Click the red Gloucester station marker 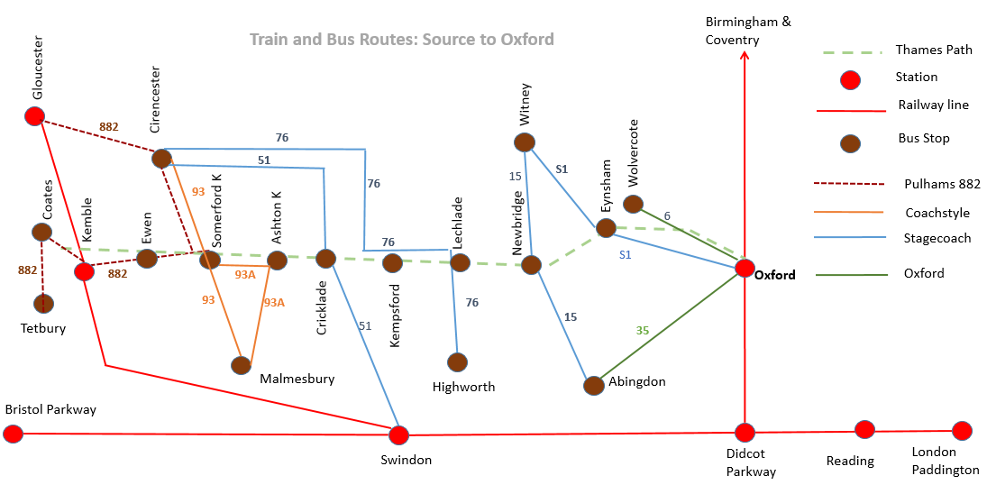coord(34,116)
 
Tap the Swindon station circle coord(398,435)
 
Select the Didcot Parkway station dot coord(745,433)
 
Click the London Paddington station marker coord(962,431)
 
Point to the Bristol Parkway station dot coord(13,434)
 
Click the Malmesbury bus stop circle coord(241,365)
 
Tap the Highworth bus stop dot coord(458,362)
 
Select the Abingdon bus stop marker coord(594,385)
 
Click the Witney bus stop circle coord(525,142)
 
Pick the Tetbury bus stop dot coord(43,304)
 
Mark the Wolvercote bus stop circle coord(634,204)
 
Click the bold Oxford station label coord(775,275)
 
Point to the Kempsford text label coord(395,316)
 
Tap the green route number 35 coord(642,331)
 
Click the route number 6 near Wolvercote coord(667,216)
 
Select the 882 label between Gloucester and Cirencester coord(108,126)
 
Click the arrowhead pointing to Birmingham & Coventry coord(744,55)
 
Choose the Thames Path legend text coord(934,50)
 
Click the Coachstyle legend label coord(937,213)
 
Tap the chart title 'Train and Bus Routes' coord(334,39)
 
